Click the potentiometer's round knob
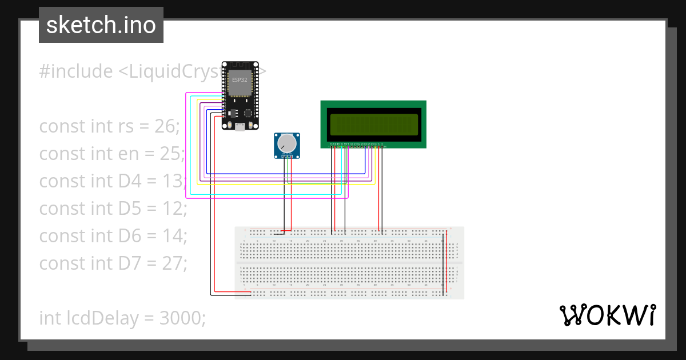[286, 143]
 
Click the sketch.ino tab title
[101, 25]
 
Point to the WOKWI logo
[607, 315]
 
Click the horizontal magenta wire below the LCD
[269, 198]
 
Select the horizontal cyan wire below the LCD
[269, 194]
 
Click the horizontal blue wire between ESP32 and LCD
[286, 173]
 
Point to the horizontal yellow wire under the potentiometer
[286, 184]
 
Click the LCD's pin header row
[358, 146]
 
